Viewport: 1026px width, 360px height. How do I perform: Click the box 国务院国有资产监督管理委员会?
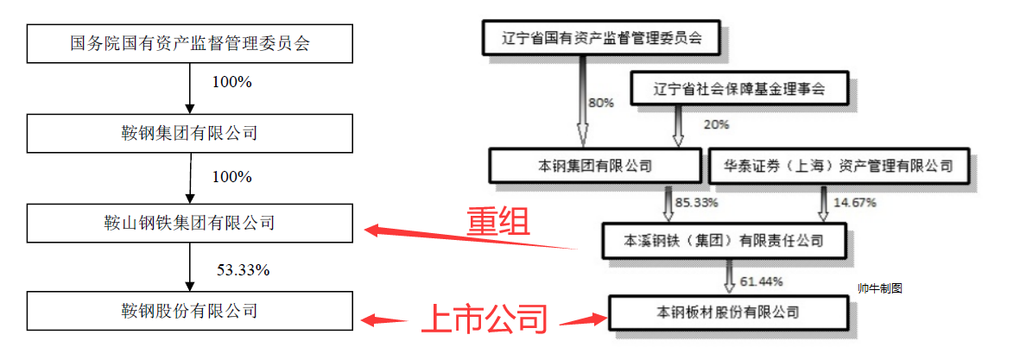[x=189, y=44]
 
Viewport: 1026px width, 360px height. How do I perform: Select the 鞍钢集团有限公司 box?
[x=189, y=134]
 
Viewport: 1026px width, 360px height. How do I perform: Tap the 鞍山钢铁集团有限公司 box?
[x=189, y=223]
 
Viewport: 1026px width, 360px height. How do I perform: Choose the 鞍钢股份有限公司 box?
[x=189, y=310]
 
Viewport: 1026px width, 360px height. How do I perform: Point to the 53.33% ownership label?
[x=243, y=270]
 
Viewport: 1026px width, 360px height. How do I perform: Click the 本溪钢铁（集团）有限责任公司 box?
[x=724, y=239]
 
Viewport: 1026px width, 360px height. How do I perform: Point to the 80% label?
[x=601, y=103]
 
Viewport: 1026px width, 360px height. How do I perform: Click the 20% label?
[x=717, y=124]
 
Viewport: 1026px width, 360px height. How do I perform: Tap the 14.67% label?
[x=854, y=204]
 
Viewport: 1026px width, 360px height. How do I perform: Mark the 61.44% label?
[x=761, y=281]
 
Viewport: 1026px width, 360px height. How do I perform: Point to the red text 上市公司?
[x=484, y=320]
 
